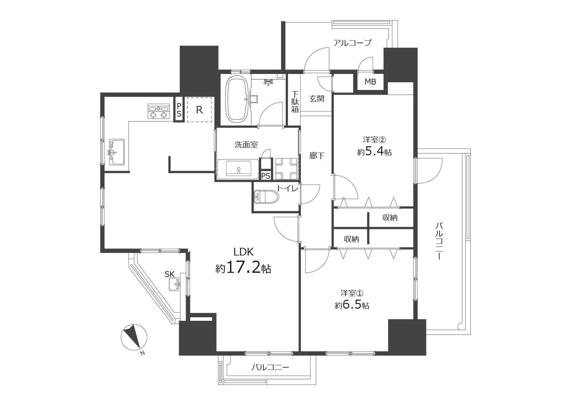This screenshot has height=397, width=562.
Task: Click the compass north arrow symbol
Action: [x=134, y=337]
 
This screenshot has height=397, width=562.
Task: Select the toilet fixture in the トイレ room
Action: [x=266, y=197]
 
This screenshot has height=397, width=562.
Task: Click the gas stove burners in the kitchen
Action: [x=159, y=111]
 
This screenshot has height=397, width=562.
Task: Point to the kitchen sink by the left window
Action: [x=117, y=152]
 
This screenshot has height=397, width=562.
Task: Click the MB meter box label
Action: [x=370, y=82]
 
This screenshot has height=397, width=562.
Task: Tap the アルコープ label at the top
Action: [x=352, y=43]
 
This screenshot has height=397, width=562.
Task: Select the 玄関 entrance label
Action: [x=317, y=99]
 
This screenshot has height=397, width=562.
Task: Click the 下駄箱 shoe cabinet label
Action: [x=295, y=102]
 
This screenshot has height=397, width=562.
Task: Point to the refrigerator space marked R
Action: [x=199, y=110]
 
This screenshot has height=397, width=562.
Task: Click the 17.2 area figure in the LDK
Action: [x=243, y=268]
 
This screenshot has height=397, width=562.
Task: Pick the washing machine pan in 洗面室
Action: [x=286, y=169]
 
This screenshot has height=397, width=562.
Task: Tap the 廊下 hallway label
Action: [x=317, y=156]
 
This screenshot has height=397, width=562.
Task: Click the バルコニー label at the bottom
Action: [x=270, y=367]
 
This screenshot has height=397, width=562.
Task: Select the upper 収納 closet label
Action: [x=390, y=218]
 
